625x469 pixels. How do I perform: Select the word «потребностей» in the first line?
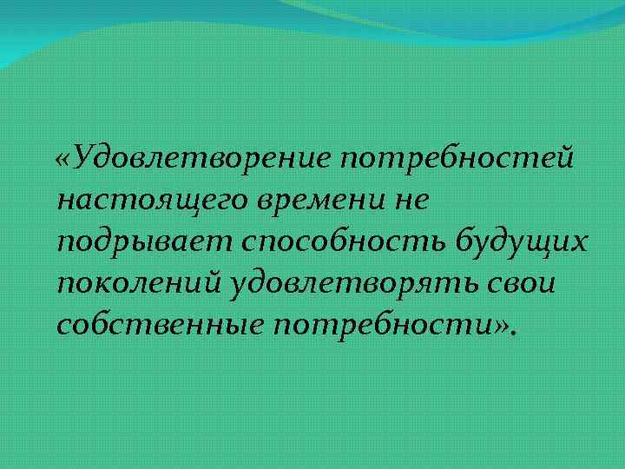(457, 159)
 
